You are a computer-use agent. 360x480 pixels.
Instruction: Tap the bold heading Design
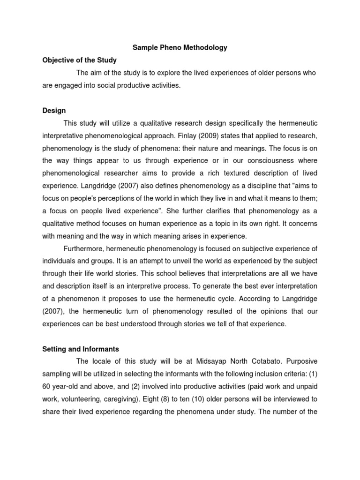click(54, 111)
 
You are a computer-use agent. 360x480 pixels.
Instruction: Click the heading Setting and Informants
click(81, 349)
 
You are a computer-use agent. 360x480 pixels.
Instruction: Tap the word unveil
click(173, 261)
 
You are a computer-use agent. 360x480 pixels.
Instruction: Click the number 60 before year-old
click(46, 387)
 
